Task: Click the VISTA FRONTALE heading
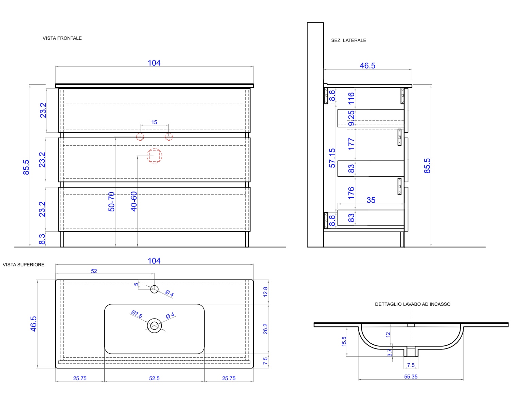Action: pyautogui.click(x=62, y=38)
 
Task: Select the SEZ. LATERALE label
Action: pyautogui.click(x=348, y=40)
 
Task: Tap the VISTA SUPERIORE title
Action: pyautogui.click(x=23, y=265)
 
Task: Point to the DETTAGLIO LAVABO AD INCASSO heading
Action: pyautogui.click(x=412, y=304)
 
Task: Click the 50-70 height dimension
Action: pyautogui.click(x=111, y=201)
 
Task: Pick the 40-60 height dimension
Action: pyautogui.click(x=133, y=201)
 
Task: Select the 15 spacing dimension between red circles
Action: pyautogui.click(x=154, y=122)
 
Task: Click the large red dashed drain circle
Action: pyautogui.click(x=154, y=156)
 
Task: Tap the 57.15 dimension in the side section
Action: pyautogui.click(x=332, y=158)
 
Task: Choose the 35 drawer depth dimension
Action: pyautogui.click(x=371, y=200)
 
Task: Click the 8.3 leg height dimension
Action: pyautogui.click(x=42, y=239)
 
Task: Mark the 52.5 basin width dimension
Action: pyautogui.click(x=154, y=378)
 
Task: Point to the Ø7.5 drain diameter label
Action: pyautogui.click(x=137, y=314)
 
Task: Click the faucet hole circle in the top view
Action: pyautogui.click(x=154, y=289)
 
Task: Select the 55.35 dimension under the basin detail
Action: pyautogui.click(x=411, y=377)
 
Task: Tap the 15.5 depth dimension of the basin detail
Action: pyautogui.click(x=344, y=341)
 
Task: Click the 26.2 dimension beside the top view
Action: pyautogui.click(x=265, y=329)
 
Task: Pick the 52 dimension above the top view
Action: pyautogui.click(x=94, y=271)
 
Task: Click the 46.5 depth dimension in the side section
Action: pyautogui.click(x=367, y=65)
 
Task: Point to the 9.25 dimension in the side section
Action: pyautogui.click(x=351, y=118)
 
